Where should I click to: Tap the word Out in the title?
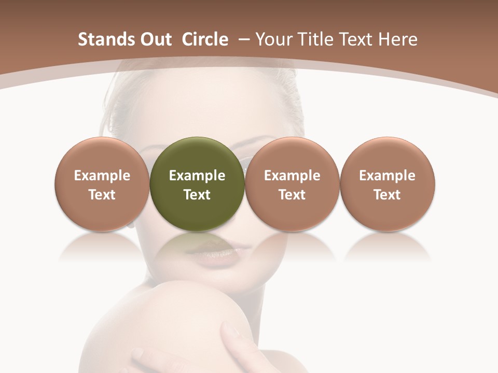(155, 39)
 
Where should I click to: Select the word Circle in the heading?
(205, 39)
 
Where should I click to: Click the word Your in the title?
(273, 39)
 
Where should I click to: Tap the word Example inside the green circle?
(197, 176)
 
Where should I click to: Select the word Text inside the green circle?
(197, 195)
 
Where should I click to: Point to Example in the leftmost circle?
(102, 176)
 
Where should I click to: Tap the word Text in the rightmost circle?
(388, 195)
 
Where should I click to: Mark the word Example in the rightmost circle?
(388, 176)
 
